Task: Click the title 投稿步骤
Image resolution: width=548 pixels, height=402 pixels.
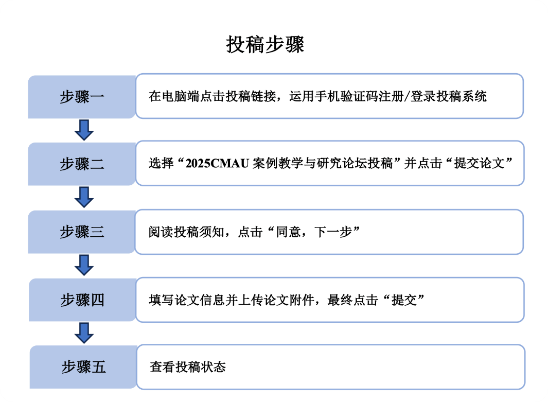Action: coord(265,45)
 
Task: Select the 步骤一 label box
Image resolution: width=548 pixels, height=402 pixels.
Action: coord(82,97)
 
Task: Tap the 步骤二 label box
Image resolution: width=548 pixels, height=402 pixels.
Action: coord(82,164)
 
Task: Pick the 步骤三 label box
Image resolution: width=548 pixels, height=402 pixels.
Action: coord(82,232)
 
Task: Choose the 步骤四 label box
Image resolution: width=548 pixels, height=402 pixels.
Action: coord(82,300)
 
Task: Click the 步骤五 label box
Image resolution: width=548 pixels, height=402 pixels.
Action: coord(83,367)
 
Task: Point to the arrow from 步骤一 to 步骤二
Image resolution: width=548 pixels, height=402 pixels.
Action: coord(84,130)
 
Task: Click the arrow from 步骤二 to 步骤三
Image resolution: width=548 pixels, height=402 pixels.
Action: coord(84,197)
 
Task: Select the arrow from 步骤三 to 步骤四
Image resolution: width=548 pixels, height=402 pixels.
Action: coord(84,265)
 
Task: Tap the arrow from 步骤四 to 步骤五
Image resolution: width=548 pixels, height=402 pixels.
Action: coord(84,333)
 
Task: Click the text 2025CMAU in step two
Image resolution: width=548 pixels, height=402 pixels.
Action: coord(217,163)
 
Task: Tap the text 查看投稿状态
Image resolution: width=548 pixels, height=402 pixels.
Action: coord(188,367)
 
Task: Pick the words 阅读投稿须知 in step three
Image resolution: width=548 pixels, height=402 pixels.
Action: coord(186,232)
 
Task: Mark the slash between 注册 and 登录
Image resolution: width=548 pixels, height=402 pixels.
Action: coord(407,96)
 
